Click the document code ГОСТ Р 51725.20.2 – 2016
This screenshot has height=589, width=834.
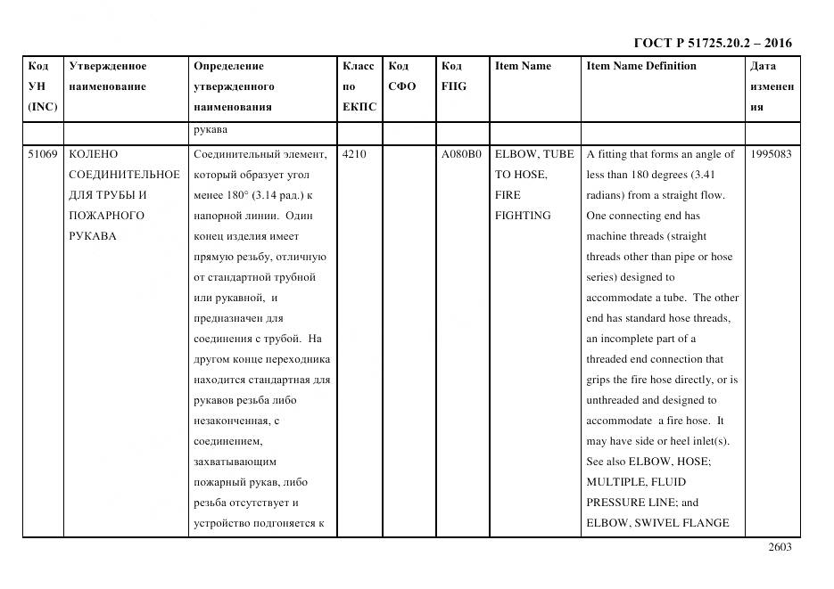[713, 43]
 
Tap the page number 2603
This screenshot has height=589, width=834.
[779, 547]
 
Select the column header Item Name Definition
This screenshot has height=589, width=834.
[640, 66]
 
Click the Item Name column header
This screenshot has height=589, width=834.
[523, 66]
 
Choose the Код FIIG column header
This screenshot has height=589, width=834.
[453, 77]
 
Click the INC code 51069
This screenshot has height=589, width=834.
[43, 154]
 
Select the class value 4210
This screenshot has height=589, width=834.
[354, 154]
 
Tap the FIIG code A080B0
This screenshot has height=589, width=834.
[461, 154]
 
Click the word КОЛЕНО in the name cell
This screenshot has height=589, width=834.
[93, 154]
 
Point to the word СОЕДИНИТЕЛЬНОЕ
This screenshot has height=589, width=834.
[124, 175]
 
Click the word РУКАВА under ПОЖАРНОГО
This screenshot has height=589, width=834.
[92, 236]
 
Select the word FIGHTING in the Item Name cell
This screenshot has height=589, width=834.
[523, 216]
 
